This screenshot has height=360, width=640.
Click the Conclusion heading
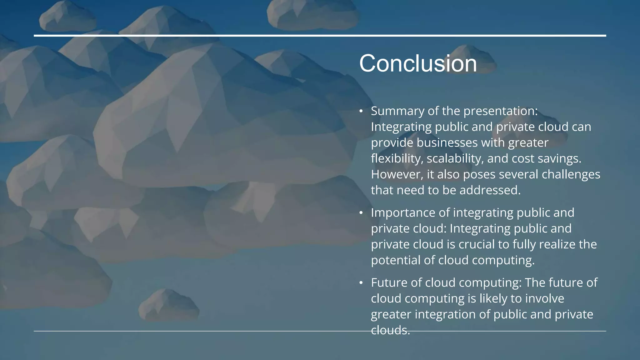pos(418,63)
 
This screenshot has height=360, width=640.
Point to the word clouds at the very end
pos(390,330)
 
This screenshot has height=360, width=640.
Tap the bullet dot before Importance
pos(361,213)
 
